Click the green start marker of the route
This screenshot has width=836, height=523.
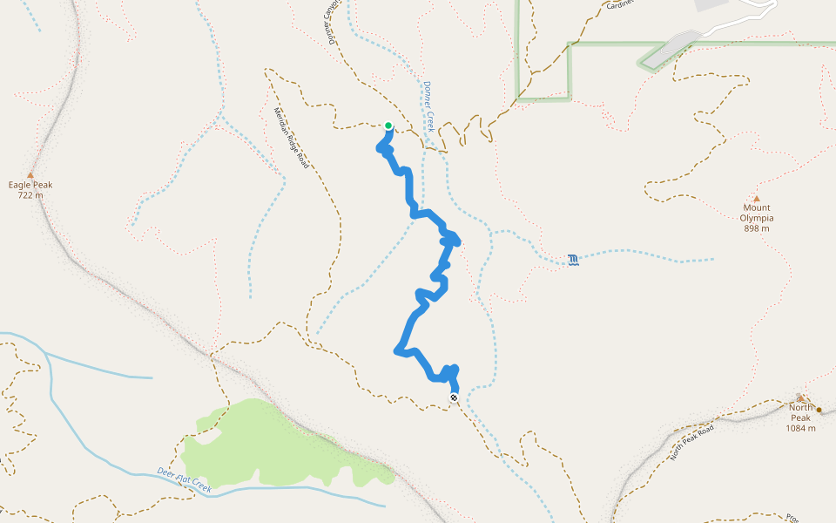[388, 126]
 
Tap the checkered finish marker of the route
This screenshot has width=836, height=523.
[454, 397]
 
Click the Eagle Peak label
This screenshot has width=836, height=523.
[30, 185]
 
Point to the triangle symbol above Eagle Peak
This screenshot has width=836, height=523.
[30, 174]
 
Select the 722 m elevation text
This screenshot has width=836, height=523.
[30, 195]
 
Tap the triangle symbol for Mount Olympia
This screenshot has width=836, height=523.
[756, 198]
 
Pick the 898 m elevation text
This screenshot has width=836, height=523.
[757, 228]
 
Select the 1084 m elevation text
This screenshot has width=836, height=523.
[801, 428]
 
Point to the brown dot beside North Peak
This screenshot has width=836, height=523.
[819, 409]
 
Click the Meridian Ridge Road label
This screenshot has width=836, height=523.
[292, 138]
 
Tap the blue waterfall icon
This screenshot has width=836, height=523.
[573, 260]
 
